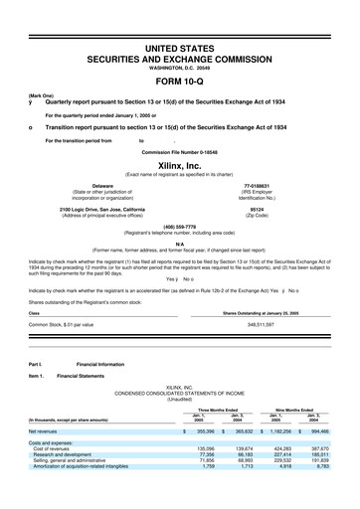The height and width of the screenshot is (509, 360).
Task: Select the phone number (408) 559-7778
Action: (180, 225)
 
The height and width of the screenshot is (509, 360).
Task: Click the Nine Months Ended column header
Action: (292, 409)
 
